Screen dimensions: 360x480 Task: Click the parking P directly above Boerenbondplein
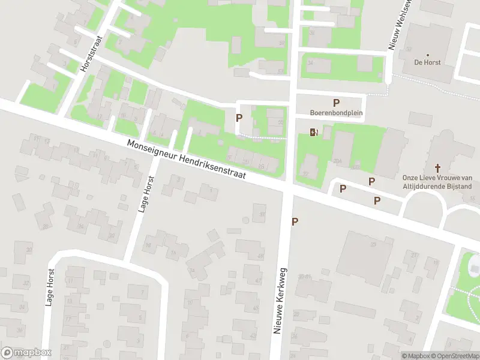pos(337,103)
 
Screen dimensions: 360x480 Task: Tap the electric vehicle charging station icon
pos(314,132)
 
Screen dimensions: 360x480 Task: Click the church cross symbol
pos(437,169)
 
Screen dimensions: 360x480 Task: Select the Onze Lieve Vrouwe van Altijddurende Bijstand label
pos(437,182)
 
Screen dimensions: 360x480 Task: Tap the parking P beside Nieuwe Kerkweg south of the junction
pos(295,221)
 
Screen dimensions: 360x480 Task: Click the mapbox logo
pos(26,353)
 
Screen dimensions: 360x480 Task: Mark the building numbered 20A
pos(337,161)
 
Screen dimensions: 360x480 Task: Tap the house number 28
pos(45,226)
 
